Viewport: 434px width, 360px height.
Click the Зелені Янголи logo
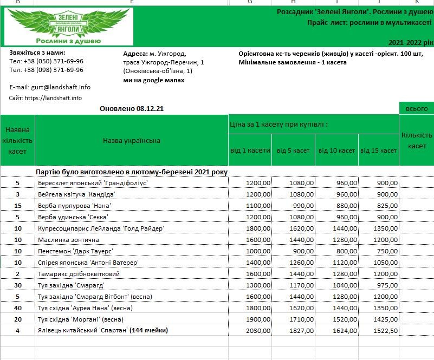click(x=69, y=27)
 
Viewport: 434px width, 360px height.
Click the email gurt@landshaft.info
click(x=50, y=87)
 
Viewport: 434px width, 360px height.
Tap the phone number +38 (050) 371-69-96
click(x=46, y=61)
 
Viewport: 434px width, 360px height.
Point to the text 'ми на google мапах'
click(x=154, y=80)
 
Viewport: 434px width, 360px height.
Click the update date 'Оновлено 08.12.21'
click(x=132, y=109)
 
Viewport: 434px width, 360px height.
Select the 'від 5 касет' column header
click(x=293, y=150)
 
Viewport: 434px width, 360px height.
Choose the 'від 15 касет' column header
click(x=379, y=150)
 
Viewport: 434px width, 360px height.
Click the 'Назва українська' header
click(x=132, y=141)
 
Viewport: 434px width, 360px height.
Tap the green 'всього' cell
click(x=416, y=109)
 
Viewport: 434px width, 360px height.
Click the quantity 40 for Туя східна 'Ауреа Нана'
click(x=18, y=307)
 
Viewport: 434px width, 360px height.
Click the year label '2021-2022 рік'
click(x=411, y=42)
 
